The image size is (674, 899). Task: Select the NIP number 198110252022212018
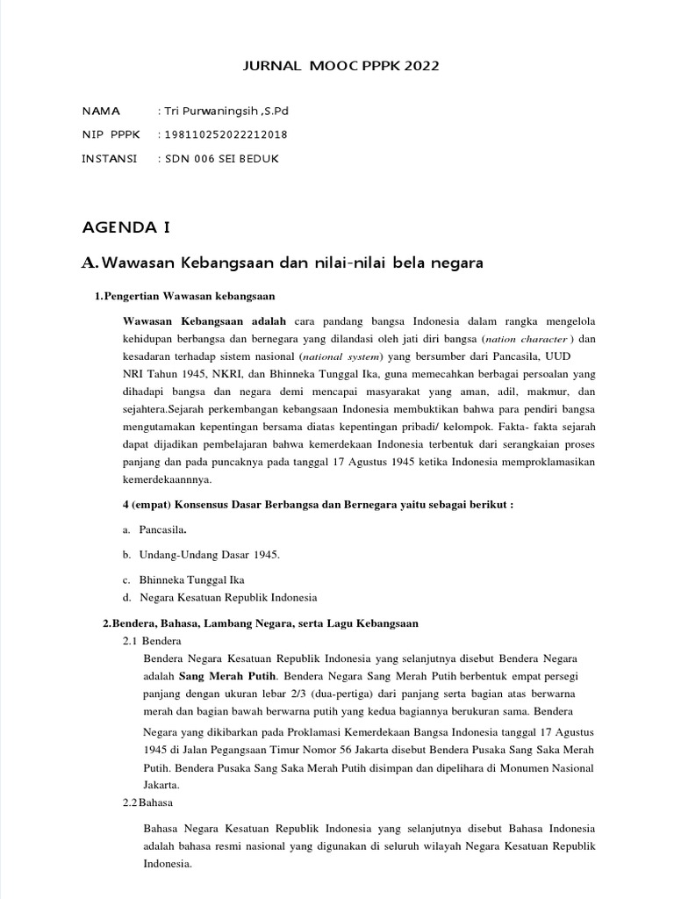225,135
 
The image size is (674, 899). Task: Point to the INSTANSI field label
109,159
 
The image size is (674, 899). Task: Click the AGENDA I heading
125,228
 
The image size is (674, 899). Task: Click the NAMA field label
101,111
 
